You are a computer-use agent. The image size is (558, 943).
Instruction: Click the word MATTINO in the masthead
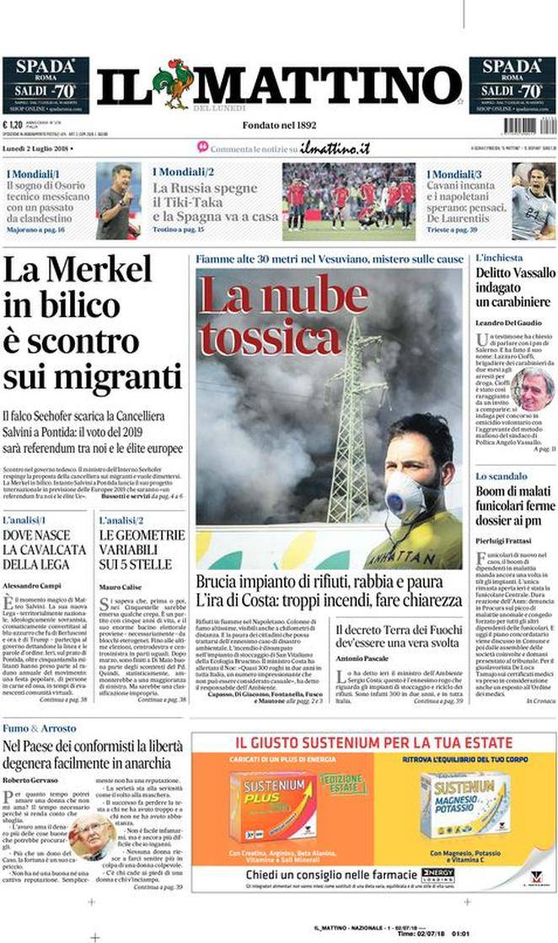coord(329,85)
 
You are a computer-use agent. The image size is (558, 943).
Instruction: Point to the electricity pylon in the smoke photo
coord(353,422)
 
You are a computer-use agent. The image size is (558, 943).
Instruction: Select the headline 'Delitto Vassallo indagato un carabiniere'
coord(514,287)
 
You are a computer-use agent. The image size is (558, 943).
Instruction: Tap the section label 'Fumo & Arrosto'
coord(39,727)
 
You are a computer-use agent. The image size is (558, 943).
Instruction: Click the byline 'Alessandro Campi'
coord(31,585)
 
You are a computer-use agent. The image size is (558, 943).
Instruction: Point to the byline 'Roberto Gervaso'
coord(30,780)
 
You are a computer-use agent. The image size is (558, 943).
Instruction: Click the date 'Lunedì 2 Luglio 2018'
coord(36,148)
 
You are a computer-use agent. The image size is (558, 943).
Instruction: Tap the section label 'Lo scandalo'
coord(502,477)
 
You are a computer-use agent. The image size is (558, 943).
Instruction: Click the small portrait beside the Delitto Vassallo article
coord(533,387)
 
